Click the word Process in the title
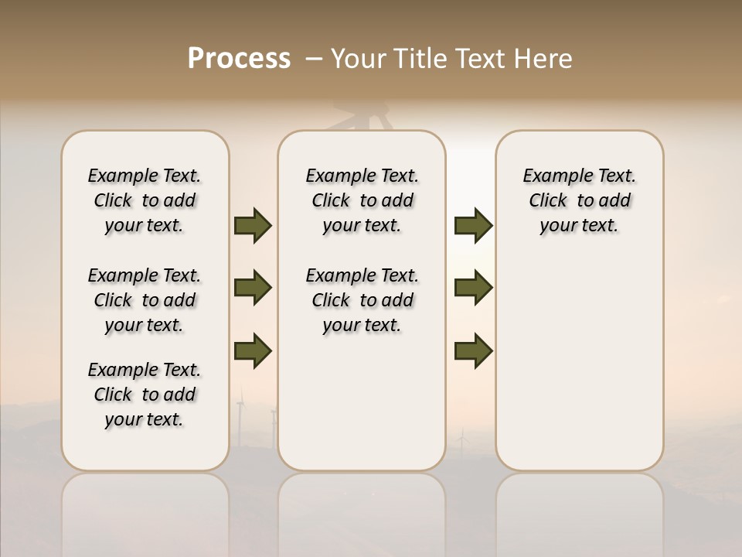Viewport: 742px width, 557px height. [x=239, y=59]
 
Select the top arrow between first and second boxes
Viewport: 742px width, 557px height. [x=253, y=226]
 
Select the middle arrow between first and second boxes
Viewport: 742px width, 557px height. [x=253, y=288]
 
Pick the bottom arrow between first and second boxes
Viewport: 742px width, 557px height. [x=253, y=350]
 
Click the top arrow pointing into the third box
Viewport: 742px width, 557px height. [x=474, y=226]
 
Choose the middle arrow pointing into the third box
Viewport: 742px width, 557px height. [x=474, y=288]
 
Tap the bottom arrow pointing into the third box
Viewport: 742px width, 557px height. [x=474, y=350]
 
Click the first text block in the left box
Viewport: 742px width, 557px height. [x=145, y=200]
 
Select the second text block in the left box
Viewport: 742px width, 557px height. [x=145, y=300]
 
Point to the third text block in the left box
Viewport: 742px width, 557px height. [x=145, y=395]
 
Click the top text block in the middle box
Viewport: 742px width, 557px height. [x=362, y=200]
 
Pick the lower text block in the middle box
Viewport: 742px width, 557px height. [x=362, y=300]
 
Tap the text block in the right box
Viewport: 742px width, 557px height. [x=579, y=200]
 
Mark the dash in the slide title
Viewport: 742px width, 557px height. [x=314, y=59]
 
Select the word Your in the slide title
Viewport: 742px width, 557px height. [x=356, y=59]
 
